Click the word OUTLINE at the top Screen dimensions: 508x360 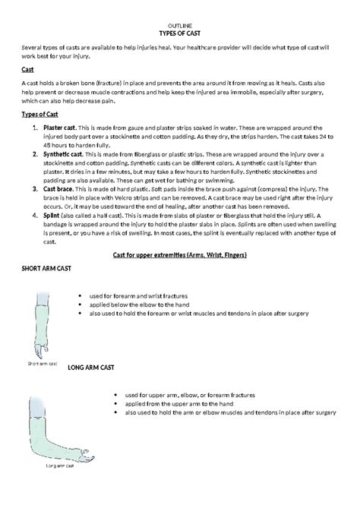point(180,26)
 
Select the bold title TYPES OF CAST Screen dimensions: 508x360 point(180,34)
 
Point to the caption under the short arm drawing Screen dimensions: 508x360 point(43,364)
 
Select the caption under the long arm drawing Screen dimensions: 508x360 point(61,465)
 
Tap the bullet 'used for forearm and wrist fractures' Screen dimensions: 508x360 point(138,295)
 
